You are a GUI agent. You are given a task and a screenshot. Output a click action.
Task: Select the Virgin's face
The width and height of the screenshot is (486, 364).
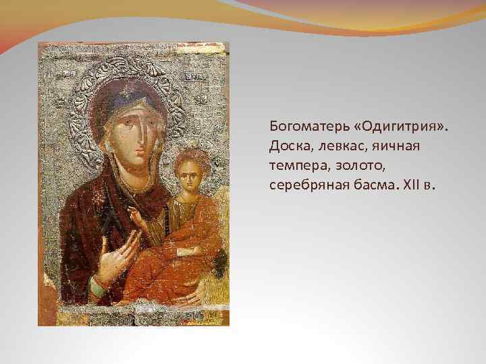tap(135, 138)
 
